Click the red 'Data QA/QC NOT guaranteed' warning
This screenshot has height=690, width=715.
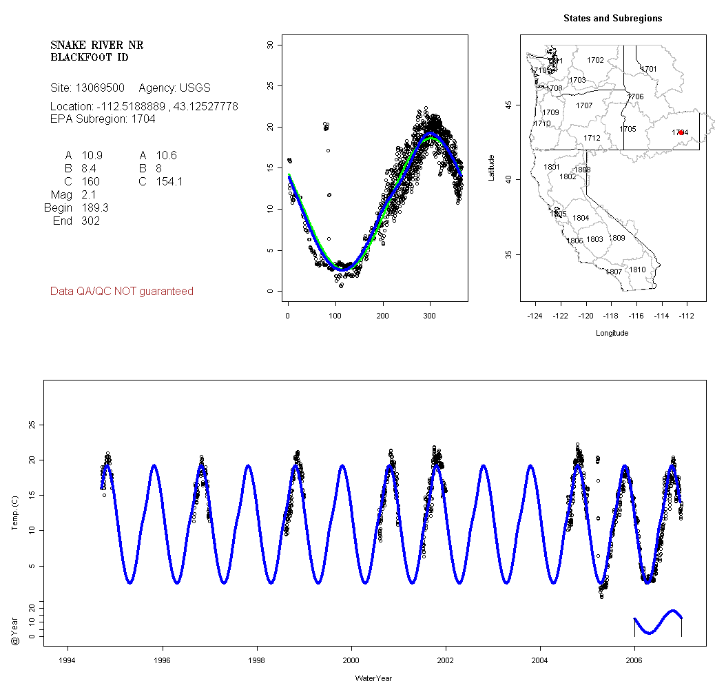tap(122, 292)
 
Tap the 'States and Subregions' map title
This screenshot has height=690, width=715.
tap(612, 19)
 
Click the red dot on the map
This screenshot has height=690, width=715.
tap(681, 132)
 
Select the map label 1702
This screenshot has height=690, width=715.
tap(595, 61)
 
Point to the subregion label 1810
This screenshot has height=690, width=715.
tap(637, 270)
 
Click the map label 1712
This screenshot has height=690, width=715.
tap(592, 139)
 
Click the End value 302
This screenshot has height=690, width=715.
tap(90, 221)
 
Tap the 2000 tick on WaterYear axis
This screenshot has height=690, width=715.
tap(351, 659)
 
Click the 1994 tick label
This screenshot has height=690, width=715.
tap(68, 659)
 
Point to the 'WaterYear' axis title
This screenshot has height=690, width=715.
tap(373, 678)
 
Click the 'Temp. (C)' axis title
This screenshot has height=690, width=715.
tap(14, 514)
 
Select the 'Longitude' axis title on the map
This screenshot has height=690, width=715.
tap(612, 333)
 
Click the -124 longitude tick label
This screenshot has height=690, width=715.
tap(535, 316)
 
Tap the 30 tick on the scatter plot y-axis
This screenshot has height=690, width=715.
tap(271, 45)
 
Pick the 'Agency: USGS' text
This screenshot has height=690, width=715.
tap(174, 88)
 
